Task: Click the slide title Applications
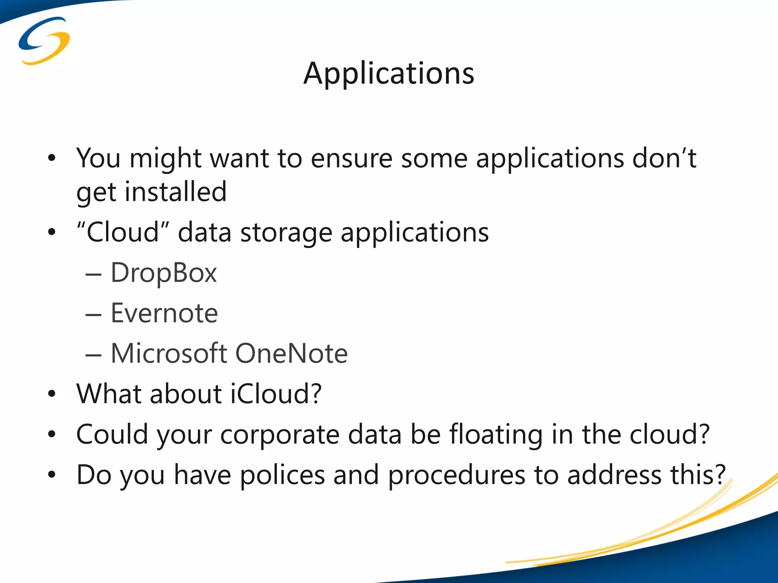389,73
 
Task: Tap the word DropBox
164,273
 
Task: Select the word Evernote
164,314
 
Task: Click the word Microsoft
169,353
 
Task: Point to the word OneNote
291,353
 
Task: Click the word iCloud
276,394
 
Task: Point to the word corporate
280,435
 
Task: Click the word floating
496,435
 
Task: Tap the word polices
282,475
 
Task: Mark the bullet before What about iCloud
52,394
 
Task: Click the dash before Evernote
93,315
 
